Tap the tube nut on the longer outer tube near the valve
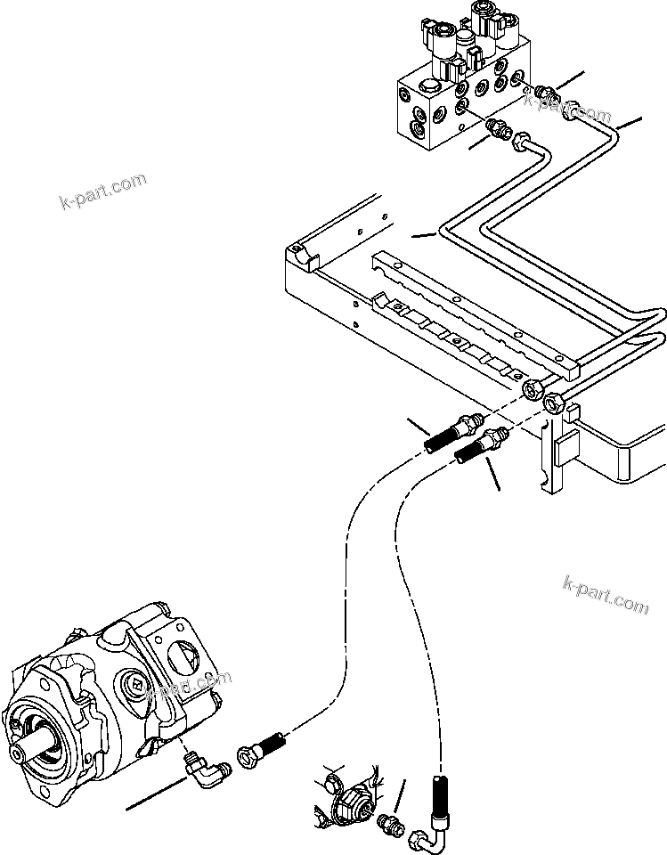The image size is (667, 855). point(570,110)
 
